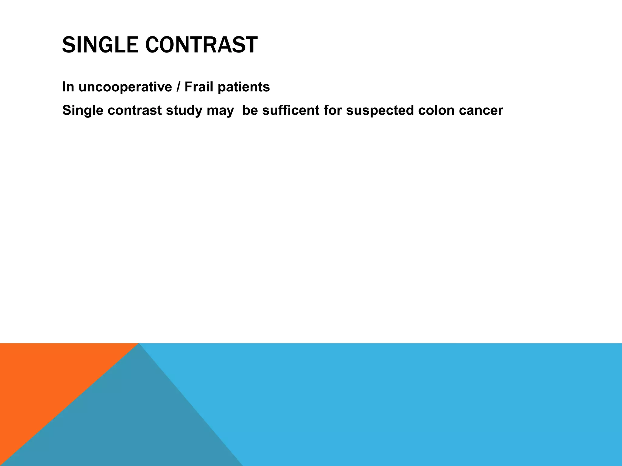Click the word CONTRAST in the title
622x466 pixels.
click(201, 45)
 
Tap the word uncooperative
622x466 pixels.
click(125, 87)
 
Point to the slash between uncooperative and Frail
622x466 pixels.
click(178, 87)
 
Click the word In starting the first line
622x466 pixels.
click(68, 87)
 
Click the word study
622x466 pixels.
click(184, 110)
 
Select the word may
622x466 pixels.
click(220, 111)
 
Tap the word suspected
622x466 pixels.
click(380, 111)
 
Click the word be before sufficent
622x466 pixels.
click(250, 110)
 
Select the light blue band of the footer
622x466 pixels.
click(425, 404)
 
